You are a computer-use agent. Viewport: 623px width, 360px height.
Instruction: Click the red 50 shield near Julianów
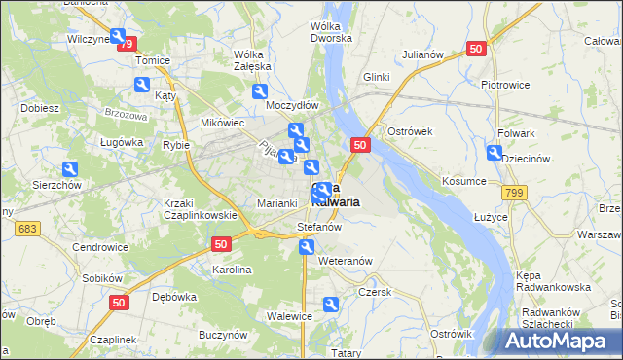tap(475, 48)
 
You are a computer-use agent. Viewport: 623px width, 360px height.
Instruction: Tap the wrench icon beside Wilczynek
tap(119, 38)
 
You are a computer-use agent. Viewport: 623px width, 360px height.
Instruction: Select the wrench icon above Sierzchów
tap(69, 168)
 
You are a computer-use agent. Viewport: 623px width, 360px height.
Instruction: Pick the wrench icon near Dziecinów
tap(494, 153)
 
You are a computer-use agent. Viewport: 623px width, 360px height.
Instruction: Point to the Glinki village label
tap(376, 76)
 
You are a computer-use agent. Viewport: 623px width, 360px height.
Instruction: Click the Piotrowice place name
tap(505, 84)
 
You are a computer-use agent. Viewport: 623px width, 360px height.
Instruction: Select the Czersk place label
tap(374, 291)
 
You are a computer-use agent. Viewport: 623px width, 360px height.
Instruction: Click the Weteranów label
tap(346, 261)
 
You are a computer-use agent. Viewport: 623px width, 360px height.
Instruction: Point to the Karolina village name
tap(233, 270)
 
